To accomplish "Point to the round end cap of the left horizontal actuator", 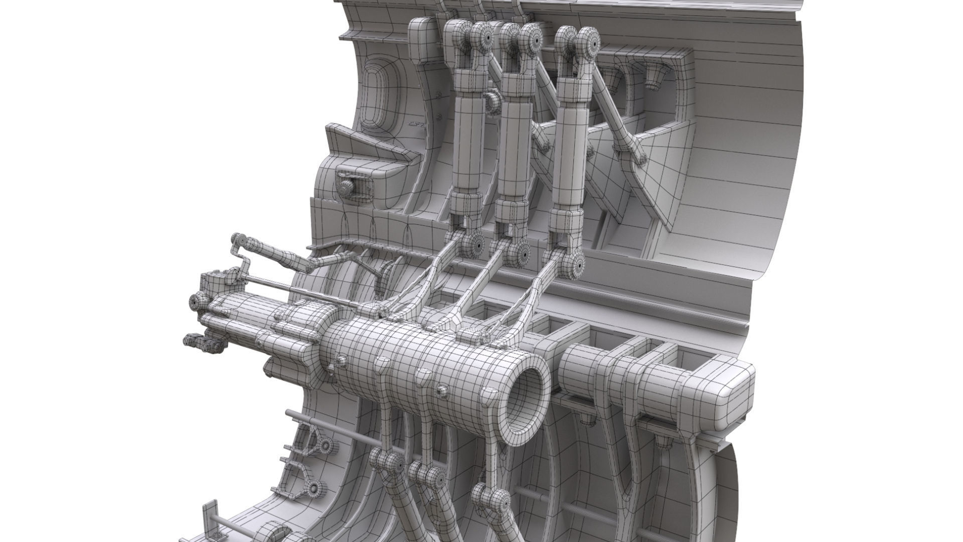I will pyautogui.click(x=196, y=301).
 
